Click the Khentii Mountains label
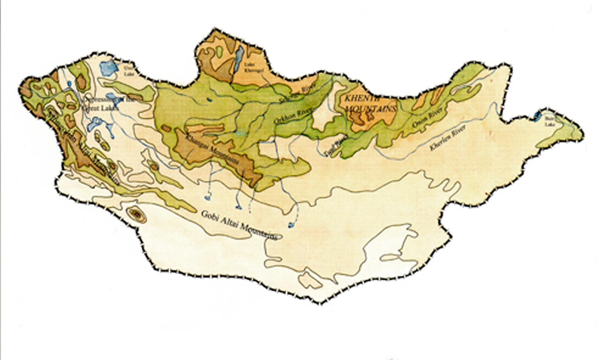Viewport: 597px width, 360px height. tap(369, 104)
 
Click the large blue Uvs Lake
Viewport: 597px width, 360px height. tap(109, 68)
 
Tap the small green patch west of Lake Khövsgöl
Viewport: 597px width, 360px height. tap(219, 52)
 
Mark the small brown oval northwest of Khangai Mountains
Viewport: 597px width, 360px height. tap(166, 129)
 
